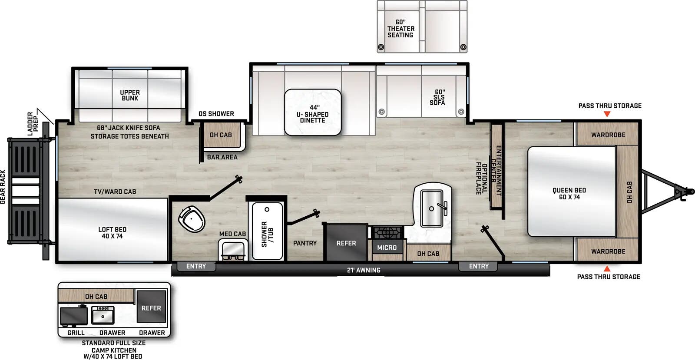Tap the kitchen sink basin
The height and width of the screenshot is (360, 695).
click(432, 208)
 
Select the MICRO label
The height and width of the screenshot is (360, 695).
click(387, 248)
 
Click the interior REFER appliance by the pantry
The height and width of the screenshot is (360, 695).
click(346, 243)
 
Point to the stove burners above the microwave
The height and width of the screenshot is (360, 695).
click(386, 232)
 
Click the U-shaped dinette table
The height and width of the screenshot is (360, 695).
click(313, 112)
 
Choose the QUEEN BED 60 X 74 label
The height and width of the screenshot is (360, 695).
click(569, 194)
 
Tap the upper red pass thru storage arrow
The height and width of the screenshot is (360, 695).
click(607, 114)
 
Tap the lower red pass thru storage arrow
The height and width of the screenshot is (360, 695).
click(607, 269)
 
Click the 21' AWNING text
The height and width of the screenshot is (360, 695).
click(364, 270)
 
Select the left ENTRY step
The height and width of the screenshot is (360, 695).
click(196, 266)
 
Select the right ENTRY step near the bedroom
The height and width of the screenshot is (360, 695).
click(479, 266)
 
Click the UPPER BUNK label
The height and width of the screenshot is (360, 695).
click(130, 95)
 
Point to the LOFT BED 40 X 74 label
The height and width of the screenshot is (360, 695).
click(112, 233)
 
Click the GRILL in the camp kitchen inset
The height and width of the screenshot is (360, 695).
click(74, 316)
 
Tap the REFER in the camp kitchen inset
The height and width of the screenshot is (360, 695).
click(151, 307)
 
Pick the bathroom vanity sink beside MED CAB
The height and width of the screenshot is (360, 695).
click(233, 250)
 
